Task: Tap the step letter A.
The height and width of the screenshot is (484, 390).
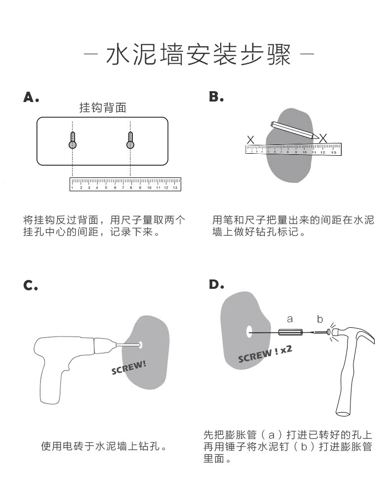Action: pos(31,98)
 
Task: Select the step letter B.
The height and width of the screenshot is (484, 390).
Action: pos(216,98)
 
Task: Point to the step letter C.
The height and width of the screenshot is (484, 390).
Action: pos(31,285)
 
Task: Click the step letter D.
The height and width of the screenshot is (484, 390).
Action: pos(216,284)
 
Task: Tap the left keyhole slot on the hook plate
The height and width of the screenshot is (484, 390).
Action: pos(73,140)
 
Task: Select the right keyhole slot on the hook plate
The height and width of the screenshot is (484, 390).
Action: pos(130,140)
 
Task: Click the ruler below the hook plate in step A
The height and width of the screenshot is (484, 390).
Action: pos(125,184)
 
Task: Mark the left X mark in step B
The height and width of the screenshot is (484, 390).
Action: pos(250,139)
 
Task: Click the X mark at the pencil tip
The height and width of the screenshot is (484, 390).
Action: pos(322,139)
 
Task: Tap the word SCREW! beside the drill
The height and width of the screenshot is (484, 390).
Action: pos(129,368)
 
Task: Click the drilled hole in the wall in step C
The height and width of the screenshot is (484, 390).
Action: pos(141,345)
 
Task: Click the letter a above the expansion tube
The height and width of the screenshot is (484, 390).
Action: pos(290,319)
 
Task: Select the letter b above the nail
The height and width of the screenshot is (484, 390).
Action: pos(319,319)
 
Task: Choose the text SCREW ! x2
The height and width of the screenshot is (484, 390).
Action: pos(265,353)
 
